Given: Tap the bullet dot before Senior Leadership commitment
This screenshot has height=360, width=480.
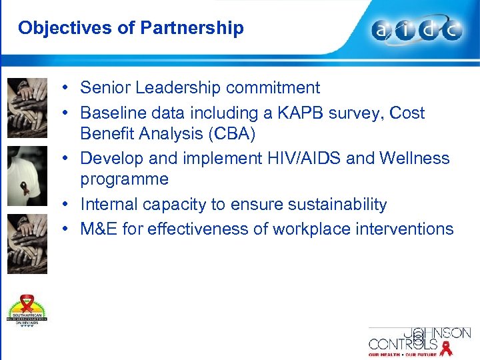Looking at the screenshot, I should click(69, 88).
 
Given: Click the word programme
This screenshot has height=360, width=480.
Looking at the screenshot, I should click(124, 179).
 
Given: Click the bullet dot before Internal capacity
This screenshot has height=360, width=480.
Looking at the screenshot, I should click(69, 205).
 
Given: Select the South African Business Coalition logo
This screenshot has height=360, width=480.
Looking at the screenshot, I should click(27, 310).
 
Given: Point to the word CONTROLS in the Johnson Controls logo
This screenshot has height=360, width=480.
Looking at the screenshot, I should click(403, 344).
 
